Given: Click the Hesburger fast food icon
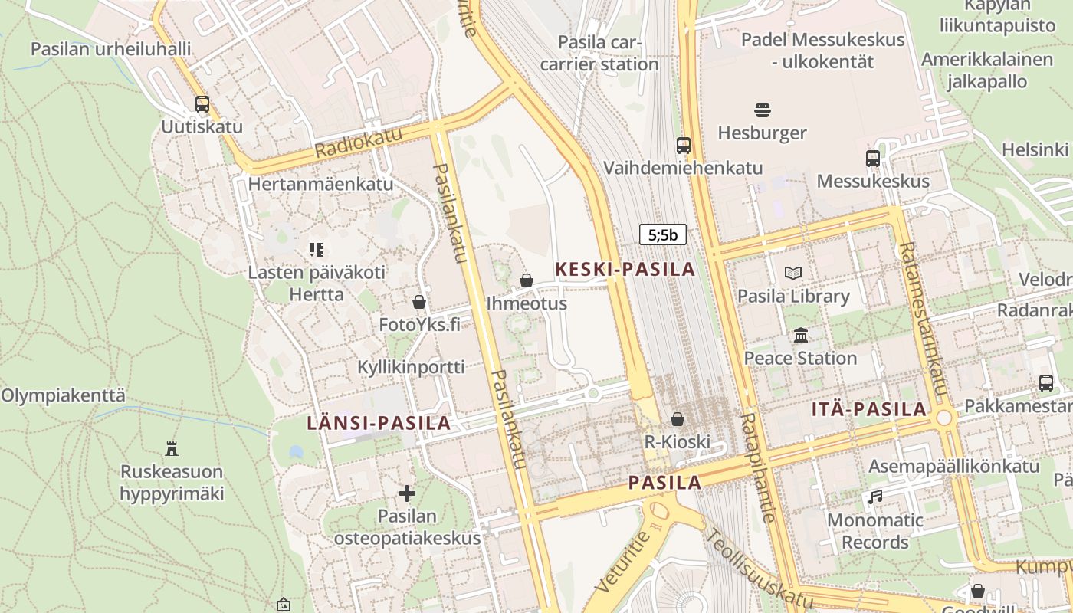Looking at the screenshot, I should pos(763,110).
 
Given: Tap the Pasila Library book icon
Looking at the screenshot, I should pos(793,273).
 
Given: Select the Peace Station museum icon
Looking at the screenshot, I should pos(801,335).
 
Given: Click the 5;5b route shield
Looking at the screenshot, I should pos(663,234).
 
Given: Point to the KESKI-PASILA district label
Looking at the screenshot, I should pos(625,269).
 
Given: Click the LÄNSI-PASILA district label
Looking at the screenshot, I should pos(379,423).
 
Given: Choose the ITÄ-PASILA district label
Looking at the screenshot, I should pos(869,409).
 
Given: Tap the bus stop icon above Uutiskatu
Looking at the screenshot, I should pos(202,103).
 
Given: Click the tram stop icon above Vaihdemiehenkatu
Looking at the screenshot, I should pos(683,145).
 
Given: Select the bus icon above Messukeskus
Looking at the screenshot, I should pos(873,158).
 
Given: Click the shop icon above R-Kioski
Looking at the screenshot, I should pos(678,418).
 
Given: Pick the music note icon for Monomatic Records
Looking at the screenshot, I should pos(875,497).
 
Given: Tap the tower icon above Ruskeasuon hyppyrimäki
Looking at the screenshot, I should pos(172,448).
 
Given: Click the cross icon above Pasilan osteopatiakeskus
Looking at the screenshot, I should pos(407,493).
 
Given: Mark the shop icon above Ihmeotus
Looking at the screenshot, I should pos(527,280).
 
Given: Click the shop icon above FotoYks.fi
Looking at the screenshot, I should pos(419,302).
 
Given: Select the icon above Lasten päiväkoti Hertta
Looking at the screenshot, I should pos(317,249).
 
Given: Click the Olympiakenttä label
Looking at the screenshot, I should pos(63,395).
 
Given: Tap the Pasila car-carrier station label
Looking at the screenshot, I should pos(599,53).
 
